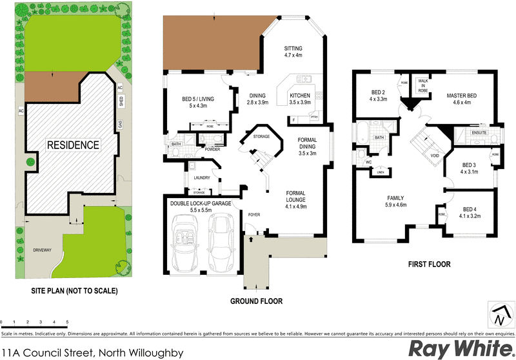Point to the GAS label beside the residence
coord(119,123)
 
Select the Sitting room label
coord(293,52)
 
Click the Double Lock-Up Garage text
coord(200,206)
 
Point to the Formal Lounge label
coord(296,199)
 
